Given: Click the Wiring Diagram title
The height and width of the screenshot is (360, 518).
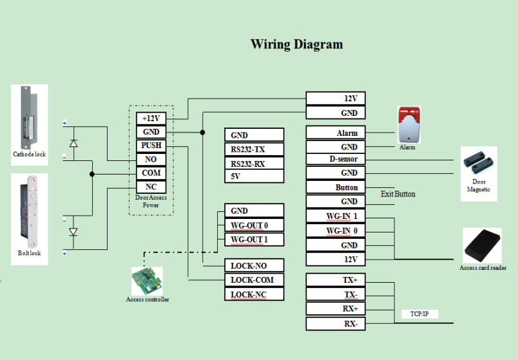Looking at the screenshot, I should coord(296,44).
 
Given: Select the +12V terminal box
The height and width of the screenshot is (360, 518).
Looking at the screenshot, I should coord(151,118).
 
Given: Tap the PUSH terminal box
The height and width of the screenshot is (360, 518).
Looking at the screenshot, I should coord(151,146).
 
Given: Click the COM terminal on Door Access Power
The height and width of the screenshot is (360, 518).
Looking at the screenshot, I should coord(151,173).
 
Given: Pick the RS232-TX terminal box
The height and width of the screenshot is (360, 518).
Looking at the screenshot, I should coord(254,149).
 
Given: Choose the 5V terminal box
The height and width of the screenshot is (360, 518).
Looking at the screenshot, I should coord(254,176).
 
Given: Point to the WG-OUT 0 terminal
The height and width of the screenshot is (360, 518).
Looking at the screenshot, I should coord(254,225).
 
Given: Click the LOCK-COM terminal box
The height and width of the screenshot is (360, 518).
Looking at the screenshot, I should coord(254,280).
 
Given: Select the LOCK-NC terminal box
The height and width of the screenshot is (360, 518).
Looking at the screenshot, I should coord(254,294).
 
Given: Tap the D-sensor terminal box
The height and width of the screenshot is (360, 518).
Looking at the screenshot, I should coord(335,158).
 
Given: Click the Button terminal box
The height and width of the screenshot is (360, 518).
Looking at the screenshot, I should coord(335,187).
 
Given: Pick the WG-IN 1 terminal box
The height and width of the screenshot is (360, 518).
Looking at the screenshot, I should coord(335,215).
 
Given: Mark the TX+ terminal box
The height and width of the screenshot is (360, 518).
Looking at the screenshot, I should coord(335,281).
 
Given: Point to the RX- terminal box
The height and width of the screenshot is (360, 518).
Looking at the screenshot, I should coord(335,324).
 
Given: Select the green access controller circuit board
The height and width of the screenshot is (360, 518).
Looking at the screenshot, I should coord(147,281).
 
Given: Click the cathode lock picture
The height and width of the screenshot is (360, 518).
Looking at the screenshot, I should coord(29,117).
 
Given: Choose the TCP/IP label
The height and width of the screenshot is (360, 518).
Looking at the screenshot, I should coord(419,314).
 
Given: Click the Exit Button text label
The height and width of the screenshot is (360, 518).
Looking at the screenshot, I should coord(398,194).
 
